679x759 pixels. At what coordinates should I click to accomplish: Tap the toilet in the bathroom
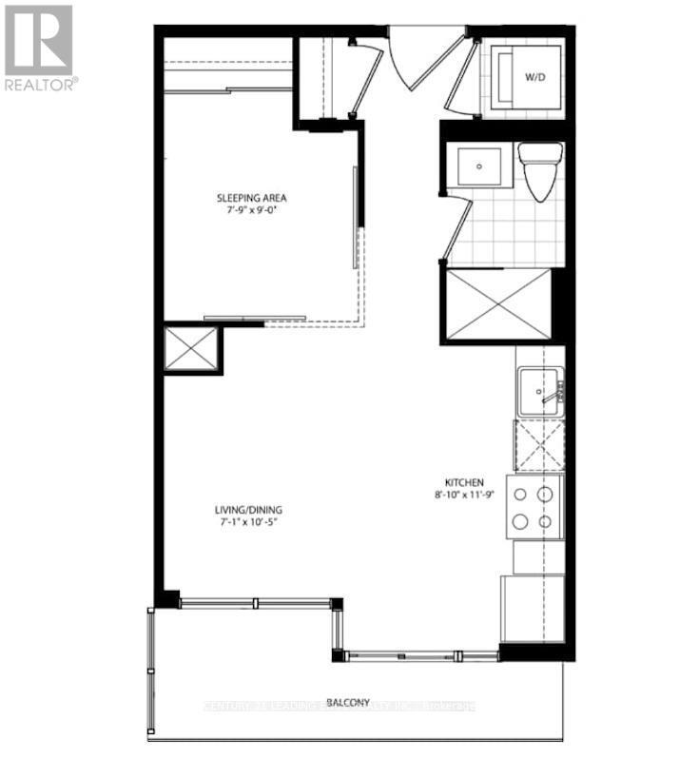(539, 172)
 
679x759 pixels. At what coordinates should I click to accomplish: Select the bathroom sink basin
(481, 168)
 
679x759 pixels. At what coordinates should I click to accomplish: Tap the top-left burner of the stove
(521, 495)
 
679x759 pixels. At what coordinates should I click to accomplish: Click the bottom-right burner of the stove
(545, 521)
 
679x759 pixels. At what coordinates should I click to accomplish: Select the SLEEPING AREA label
(252, 199)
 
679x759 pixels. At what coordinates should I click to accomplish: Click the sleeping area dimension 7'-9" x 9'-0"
(252, 212)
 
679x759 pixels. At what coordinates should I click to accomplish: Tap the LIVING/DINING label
(247, 509)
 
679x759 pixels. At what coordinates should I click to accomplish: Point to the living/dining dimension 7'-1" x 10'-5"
(247, 522)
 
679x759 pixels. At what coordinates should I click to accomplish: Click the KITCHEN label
(464, 482)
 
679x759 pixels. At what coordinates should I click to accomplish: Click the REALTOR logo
(38, 48)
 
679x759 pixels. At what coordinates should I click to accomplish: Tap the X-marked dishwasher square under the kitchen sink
(538, 444)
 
